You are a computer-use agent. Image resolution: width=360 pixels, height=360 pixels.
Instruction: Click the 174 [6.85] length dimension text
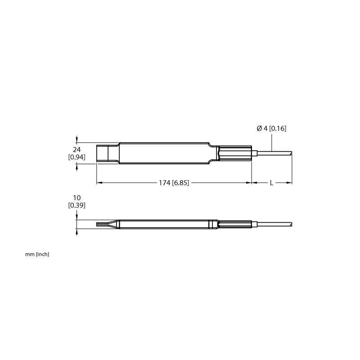174,183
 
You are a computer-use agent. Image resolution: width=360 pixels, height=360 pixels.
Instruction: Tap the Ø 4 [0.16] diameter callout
271,128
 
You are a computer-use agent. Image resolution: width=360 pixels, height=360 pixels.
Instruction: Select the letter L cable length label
272,183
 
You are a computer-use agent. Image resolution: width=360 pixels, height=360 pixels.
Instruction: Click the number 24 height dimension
76,150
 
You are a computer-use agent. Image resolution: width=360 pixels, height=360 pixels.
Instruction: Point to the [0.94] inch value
76,157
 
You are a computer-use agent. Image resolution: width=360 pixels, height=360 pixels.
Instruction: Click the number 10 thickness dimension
76,198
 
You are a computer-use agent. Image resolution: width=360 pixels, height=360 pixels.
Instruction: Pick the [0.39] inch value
76,205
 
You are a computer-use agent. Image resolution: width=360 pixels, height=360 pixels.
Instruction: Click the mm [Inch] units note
37,254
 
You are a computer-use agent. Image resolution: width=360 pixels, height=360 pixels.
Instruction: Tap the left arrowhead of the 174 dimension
99,183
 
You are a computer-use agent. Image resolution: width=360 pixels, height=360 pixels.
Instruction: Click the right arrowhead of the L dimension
289,183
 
